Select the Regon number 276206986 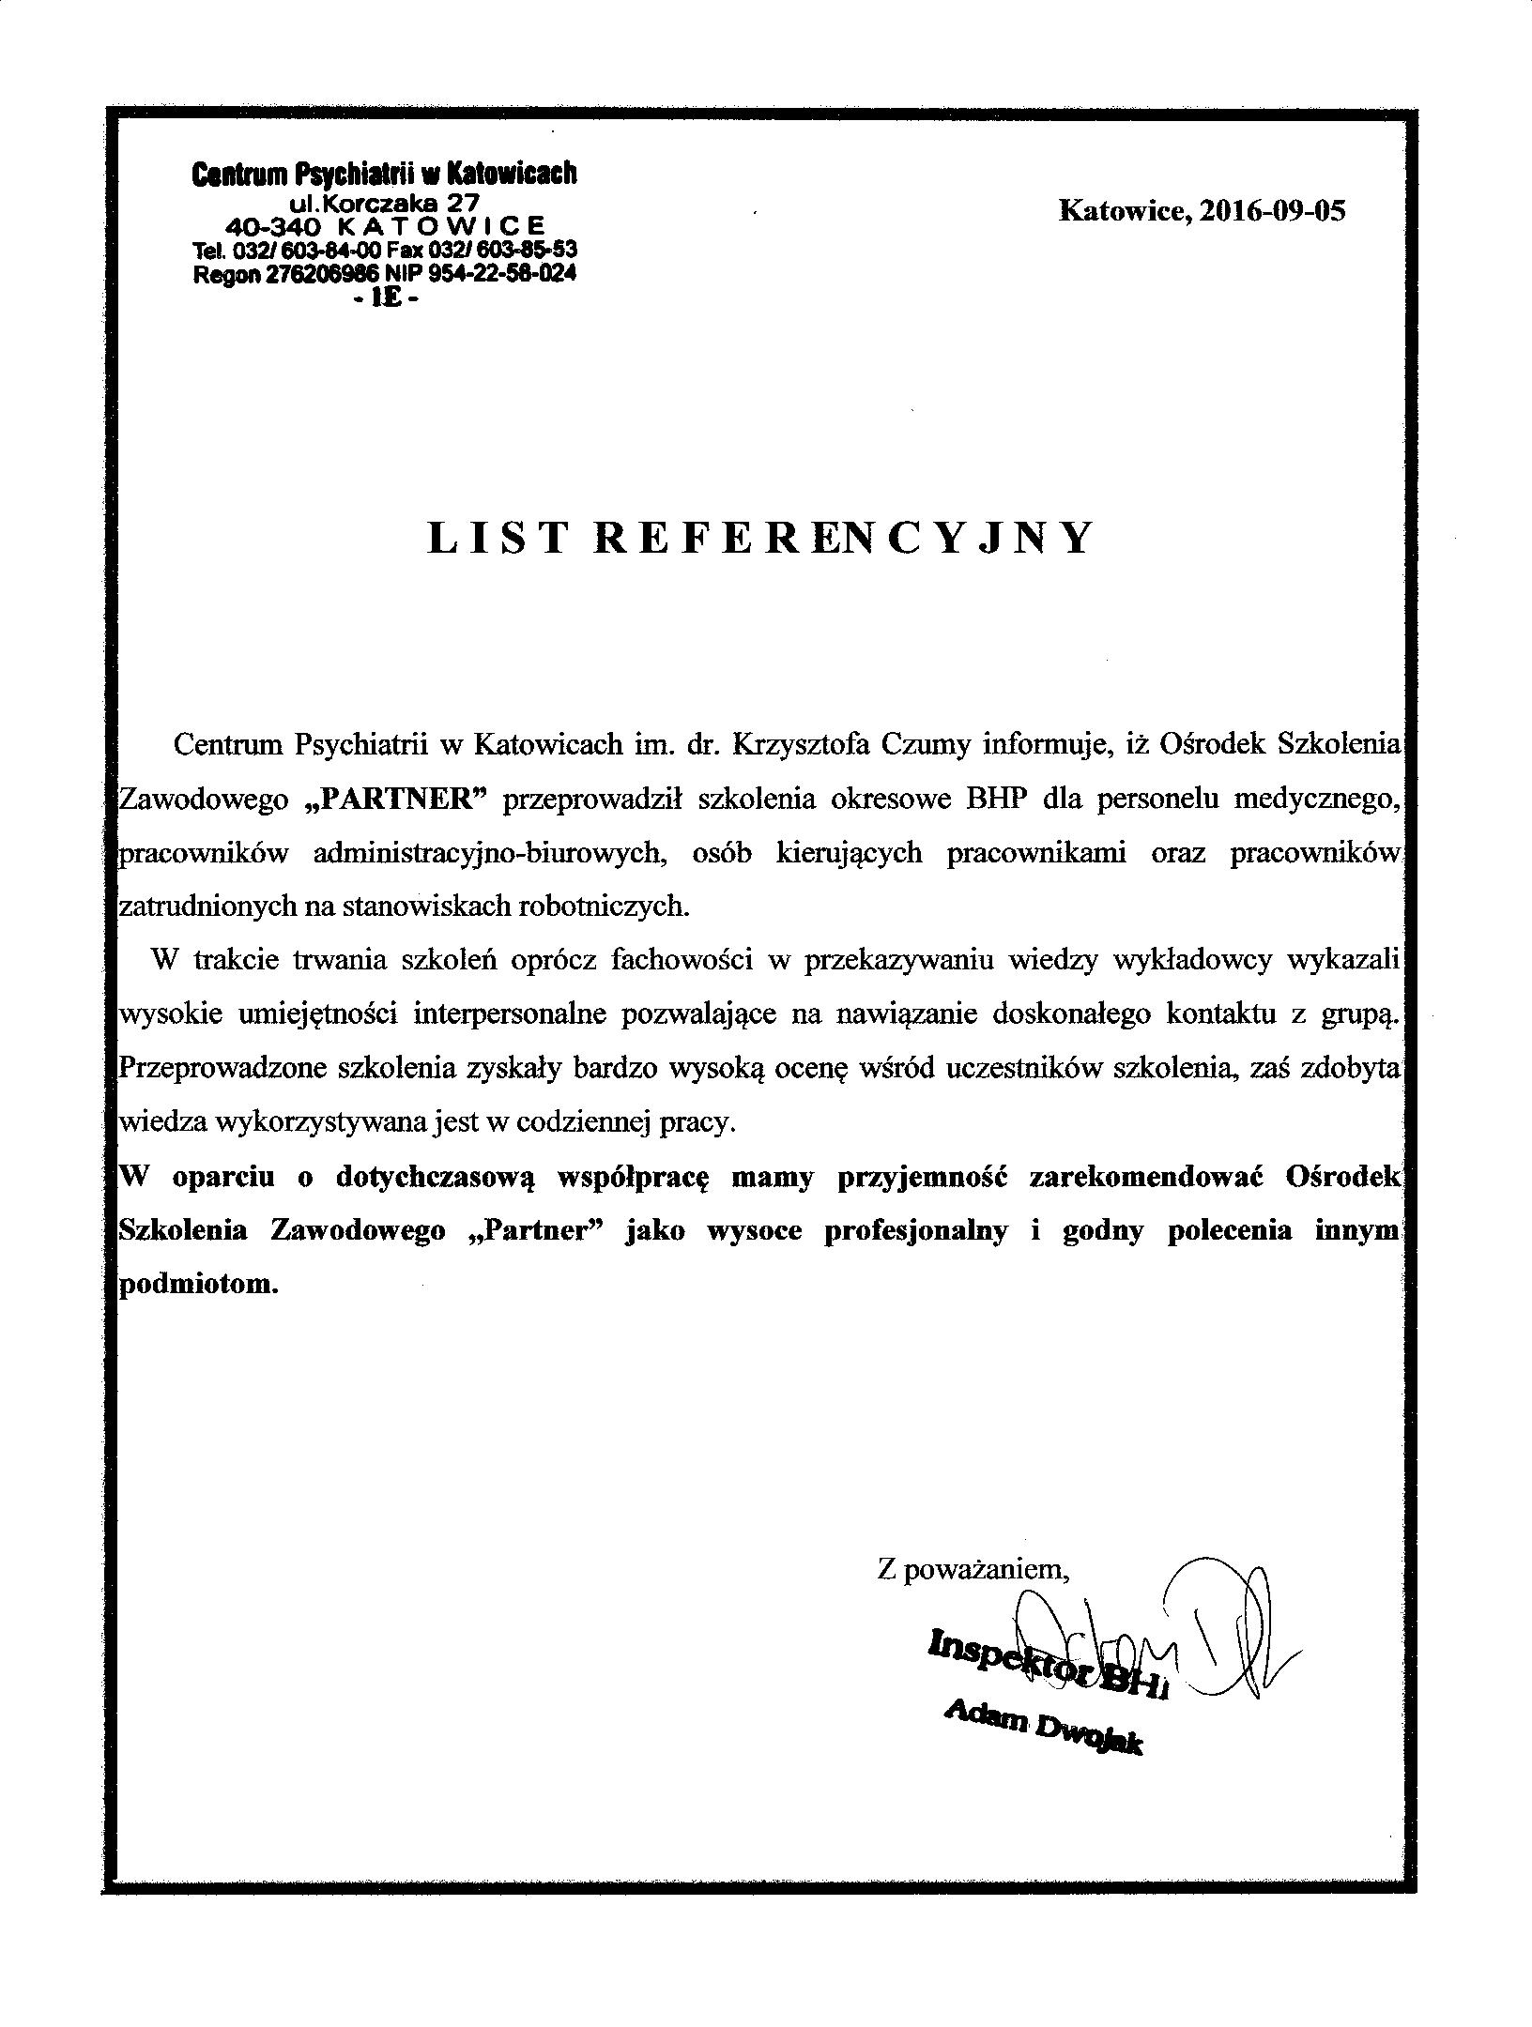click(314, 274)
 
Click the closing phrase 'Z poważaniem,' click(973, 1568)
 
